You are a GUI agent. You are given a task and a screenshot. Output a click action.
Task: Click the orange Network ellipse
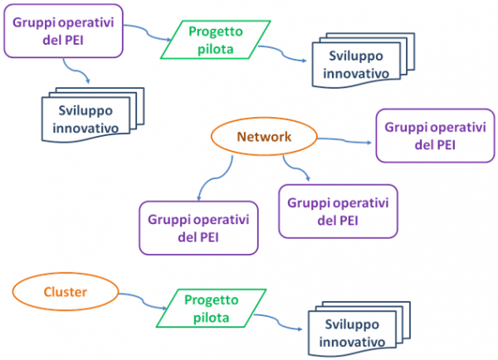point(264,138)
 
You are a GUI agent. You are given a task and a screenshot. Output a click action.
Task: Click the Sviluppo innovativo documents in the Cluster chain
point(349,333)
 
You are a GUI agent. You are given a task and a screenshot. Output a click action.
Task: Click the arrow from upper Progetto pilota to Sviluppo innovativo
point(277,56)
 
